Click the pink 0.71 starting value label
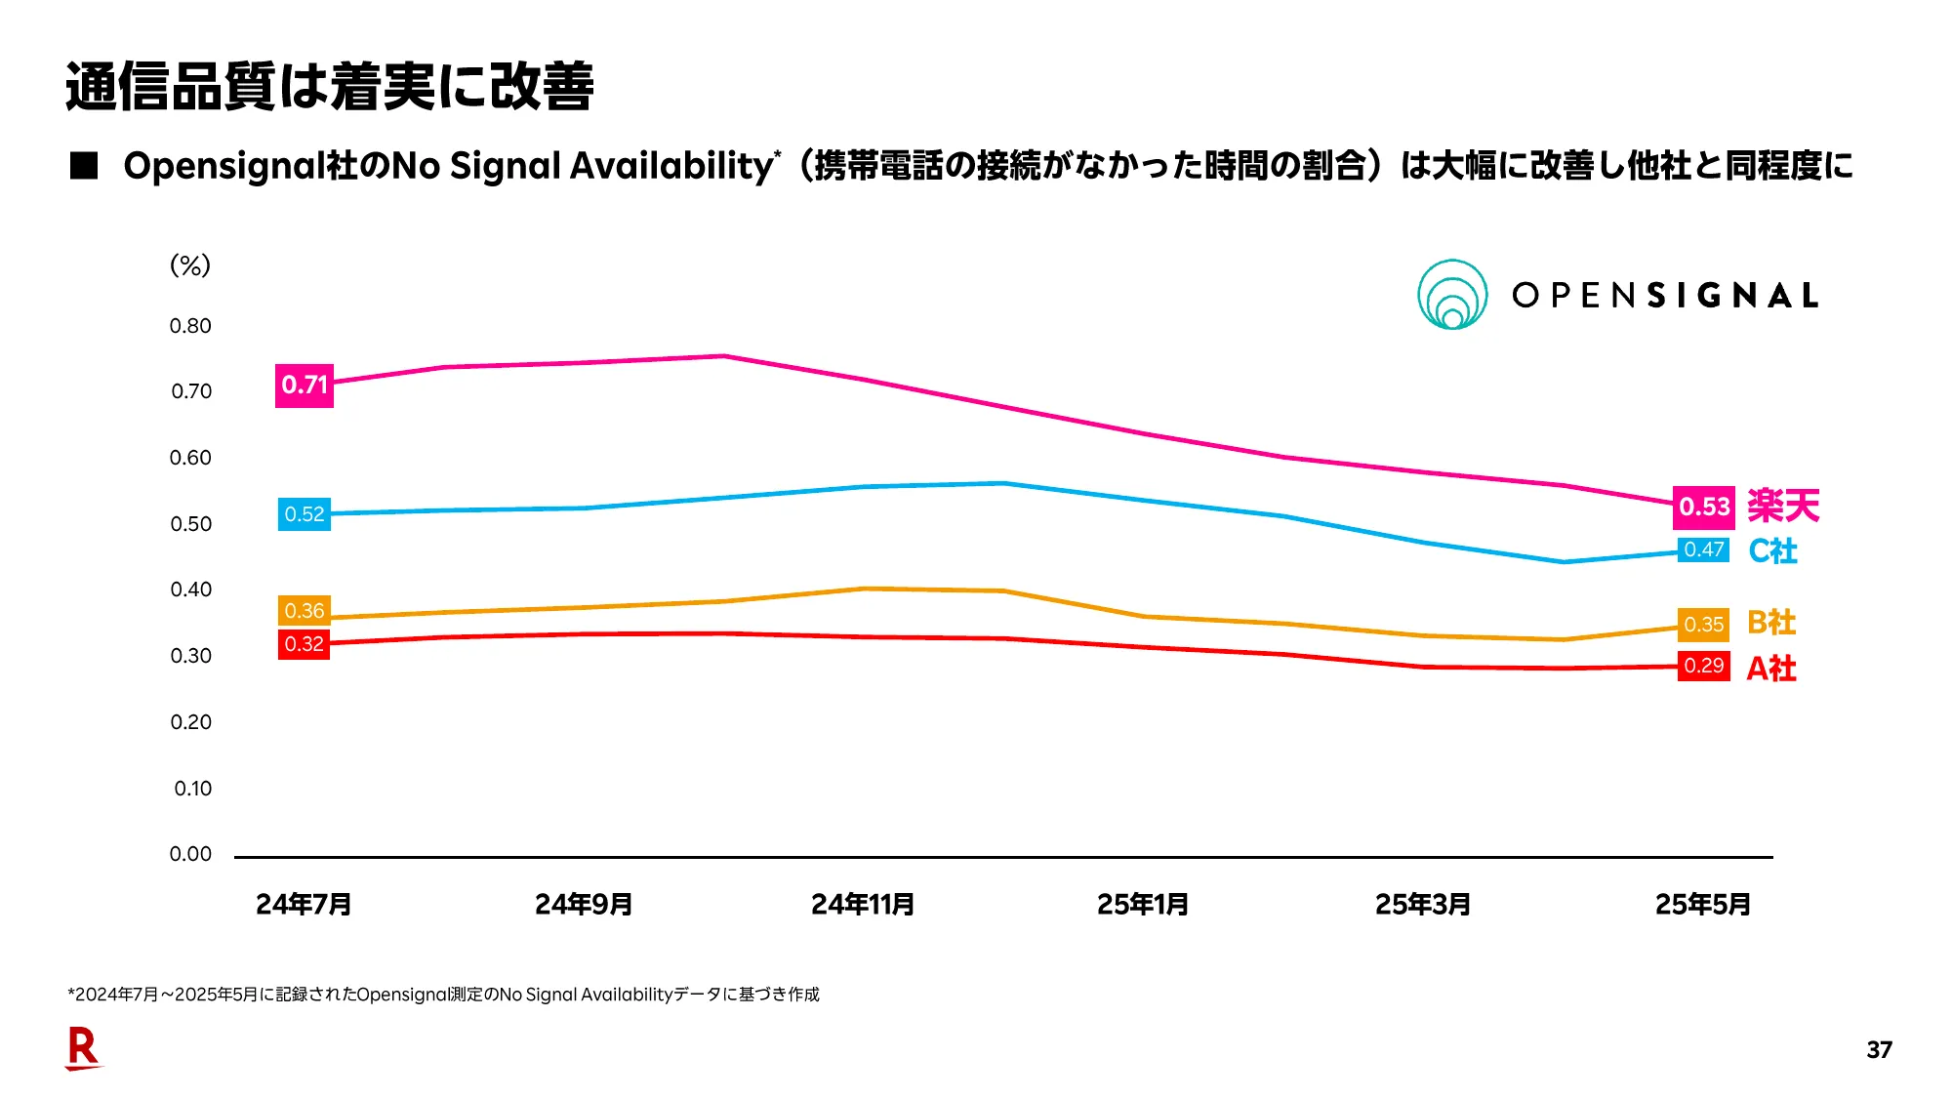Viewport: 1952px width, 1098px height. (x=304, y=385)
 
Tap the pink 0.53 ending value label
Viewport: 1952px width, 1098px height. (x=1703, y=507)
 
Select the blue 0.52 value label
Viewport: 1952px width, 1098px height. (x=304, y=514)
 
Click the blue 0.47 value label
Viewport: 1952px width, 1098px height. (x=1703, y=549)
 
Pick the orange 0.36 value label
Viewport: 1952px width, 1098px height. (x=304, y=611)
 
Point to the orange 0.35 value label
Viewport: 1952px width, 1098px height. (x=1703, y=625)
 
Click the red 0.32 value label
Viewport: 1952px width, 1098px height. (x=304, y=644)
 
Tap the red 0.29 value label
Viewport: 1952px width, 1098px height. (x=1703, y=666)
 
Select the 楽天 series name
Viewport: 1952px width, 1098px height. (x=1783, y=506)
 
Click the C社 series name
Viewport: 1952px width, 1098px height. (x=1772, y=551)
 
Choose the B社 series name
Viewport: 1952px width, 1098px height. (x=1770, y=623)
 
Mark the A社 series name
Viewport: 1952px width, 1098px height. (x=1770, y=669)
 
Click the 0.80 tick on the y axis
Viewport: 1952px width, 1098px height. (x=190, y=326)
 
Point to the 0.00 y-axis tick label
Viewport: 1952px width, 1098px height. (x=190, y=854)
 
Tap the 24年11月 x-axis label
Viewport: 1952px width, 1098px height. (x=863, y=905)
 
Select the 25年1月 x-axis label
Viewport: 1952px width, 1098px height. (x=1142, y=905)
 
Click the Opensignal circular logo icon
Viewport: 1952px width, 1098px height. (x=1452, y=295)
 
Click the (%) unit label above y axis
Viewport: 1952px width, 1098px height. (x=190, y=265)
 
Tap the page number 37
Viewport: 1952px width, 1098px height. (x=1879, y=1050)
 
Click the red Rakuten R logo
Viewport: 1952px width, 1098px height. (x=83, y=1048)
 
